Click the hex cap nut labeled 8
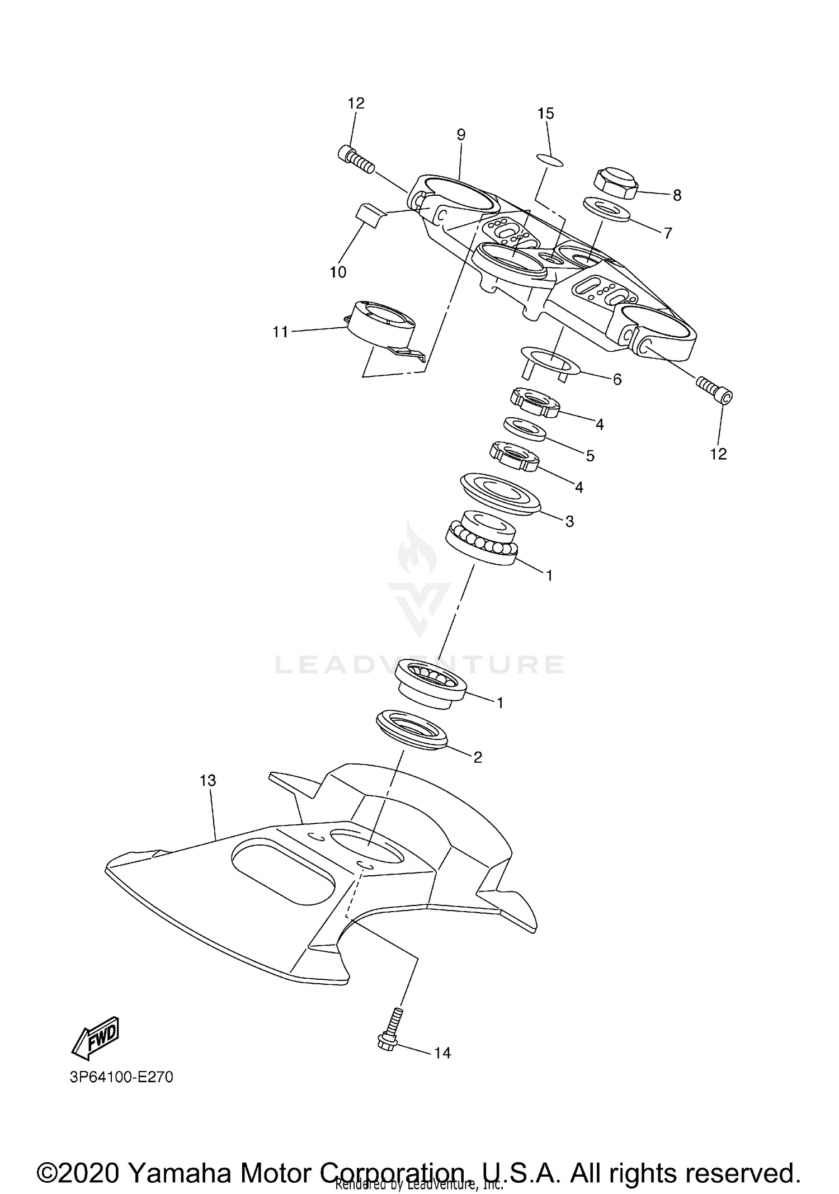(614, 182)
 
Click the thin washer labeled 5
(524, 429)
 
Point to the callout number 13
(208, 780)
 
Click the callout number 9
(460, 134)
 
